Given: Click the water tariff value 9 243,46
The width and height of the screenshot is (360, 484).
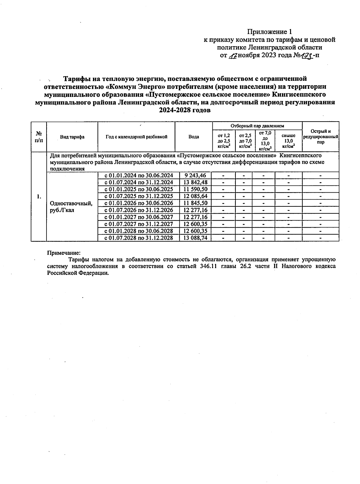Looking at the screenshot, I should click(195, 176).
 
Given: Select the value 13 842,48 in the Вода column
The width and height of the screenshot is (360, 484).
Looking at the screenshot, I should click(195, 182).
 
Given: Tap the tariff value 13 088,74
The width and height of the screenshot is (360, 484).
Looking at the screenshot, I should click(195, 238).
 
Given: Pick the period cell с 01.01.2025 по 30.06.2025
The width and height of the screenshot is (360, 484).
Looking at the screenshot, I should click(138, 189).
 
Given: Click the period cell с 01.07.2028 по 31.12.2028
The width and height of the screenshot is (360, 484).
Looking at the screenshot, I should click(138, 238).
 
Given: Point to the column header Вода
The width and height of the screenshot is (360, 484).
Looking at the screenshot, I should click(193, 137).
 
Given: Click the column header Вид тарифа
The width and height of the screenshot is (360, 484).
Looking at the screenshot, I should click(72, 137).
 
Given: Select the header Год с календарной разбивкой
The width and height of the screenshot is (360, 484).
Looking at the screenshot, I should click(136, 137).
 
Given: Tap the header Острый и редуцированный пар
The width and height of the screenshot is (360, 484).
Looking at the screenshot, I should click(320, 137).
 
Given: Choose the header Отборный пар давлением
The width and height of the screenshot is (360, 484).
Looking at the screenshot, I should click(257, 126).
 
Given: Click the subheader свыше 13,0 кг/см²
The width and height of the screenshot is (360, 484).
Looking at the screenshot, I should click(288, 141).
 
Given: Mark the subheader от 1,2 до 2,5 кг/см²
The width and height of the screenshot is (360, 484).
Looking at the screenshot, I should click(224, 141).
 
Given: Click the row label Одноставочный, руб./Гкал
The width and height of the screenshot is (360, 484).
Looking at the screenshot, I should click(71, 207).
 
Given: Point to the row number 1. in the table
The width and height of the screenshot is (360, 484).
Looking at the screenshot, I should click(38, 197).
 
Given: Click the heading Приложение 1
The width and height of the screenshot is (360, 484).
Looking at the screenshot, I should click(269, 32).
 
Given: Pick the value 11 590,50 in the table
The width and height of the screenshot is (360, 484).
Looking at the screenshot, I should click(195, 189).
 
